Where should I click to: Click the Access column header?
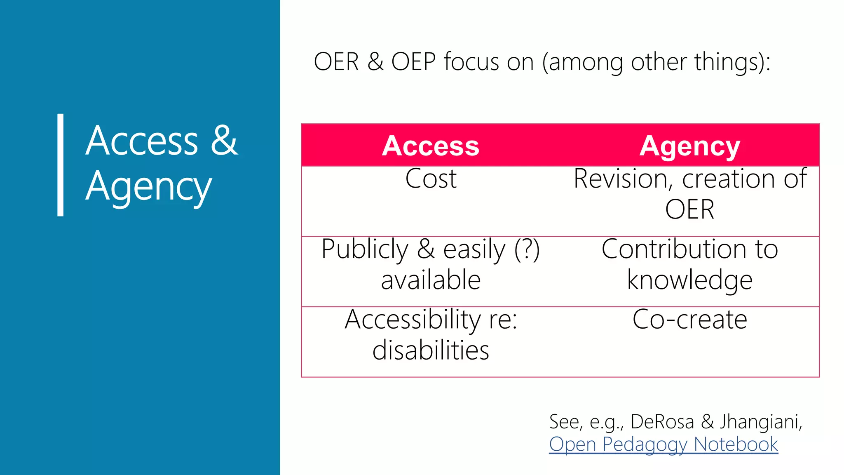coord(431,146)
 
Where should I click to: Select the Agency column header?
coord(689,146)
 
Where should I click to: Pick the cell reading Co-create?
coord(689,320)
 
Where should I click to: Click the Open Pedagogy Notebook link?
coord(663,444)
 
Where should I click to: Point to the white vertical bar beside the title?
coord(61,165)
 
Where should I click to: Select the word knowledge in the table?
coord(689,280)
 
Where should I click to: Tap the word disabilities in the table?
coord(431,350)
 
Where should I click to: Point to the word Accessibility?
coord(413,320)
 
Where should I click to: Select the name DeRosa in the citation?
coord(662,421)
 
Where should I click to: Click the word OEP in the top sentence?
coord(413,62)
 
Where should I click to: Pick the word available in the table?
coord(431,280)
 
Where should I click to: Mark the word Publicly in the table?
coord(365,249)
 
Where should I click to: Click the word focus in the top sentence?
coord(471,62)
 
